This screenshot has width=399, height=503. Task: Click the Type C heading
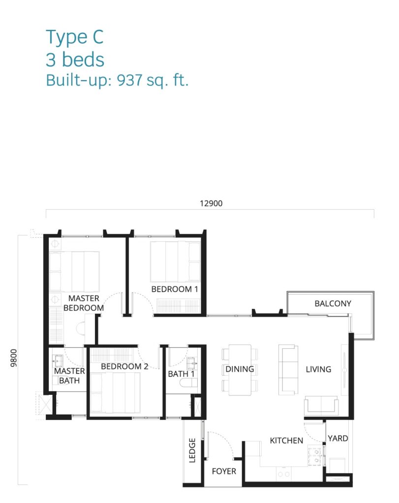coord(74,37)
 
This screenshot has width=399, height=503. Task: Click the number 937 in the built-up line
coord(130,80)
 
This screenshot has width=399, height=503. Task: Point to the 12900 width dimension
coord(211,203)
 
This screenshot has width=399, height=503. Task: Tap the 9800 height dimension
coord(13,358)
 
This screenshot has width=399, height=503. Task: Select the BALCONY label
coord(333,304)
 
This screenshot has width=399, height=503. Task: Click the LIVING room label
coord(318,369)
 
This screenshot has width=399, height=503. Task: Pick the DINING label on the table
coord(240,369)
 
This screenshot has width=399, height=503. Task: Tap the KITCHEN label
coord(286,441)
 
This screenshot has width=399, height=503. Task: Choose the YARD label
coord(338,438)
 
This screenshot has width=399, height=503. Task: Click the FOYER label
coord(224,471)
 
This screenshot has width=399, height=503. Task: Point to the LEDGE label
coord(192,450)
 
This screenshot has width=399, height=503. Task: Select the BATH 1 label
coord(181,374)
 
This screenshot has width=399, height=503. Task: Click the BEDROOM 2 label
coord(124,366)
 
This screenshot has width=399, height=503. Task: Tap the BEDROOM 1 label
coord(175,289)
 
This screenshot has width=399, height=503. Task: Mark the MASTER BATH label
coord(69,376)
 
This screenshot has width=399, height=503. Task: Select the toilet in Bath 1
coord(188,383)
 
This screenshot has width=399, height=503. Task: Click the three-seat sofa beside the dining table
coord(288,370)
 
